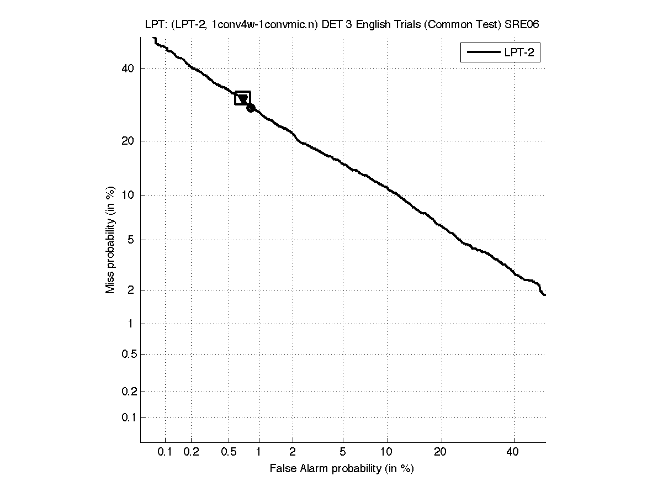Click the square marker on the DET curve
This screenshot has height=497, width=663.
[x=243, y=98]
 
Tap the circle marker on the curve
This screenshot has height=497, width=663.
[x=251, y=108]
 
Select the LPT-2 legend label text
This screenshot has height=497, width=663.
[x=521, y=53]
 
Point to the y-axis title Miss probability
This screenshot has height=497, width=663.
[x=110, y=241]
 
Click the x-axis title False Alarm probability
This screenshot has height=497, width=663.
[x=342, y=469]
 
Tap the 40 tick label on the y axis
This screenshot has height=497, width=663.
[x=128, y=68]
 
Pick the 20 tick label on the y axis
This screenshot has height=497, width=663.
[x=128, y=141]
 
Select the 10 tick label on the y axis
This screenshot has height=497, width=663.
[x=128, y=195]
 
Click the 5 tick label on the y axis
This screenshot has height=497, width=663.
[x=131, y=240]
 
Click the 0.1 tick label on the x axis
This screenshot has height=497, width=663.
[x=165, y=452]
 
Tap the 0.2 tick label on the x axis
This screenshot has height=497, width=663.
[x=191, y=452]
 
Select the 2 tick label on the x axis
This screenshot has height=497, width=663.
[x=293, y=452]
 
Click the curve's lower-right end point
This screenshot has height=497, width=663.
[x=544, y=295]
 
